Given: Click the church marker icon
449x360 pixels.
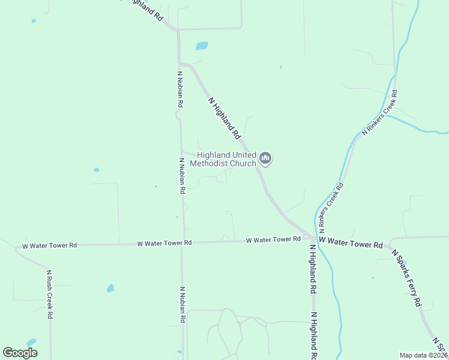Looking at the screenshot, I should pyautogui.click(x=265, y=158).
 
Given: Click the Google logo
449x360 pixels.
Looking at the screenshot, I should pyautogui.click(x=20, y=353).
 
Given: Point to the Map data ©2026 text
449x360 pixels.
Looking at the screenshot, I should pyautogui.click(x=423, y=355).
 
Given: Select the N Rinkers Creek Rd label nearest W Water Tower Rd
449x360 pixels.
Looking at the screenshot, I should pyautogui.click(x=331, y=207).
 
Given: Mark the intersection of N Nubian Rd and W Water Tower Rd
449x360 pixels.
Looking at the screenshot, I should pyautogui.click(x=183, y=243).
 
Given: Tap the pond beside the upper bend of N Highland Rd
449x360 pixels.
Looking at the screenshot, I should pyautogui.click(x=202, y=46).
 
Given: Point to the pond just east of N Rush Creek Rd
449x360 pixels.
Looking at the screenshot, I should pyautogui.click(x=110, y=288).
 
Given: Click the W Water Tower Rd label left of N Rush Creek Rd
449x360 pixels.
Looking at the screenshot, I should pyautogui.click(x=50, y=245).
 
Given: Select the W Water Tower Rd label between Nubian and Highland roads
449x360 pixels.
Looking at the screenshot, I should pyautogui.click(x=273, y=240).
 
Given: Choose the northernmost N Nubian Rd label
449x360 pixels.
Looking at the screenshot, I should pyautogui.click(x=179, y=89).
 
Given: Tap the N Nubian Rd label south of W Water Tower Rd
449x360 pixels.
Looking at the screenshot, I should pyautogui.click(x=182, y=305).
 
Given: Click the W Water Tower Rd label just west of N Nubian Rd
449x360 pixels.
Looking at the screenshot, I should pyautogui.click(x=164, y=243).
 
